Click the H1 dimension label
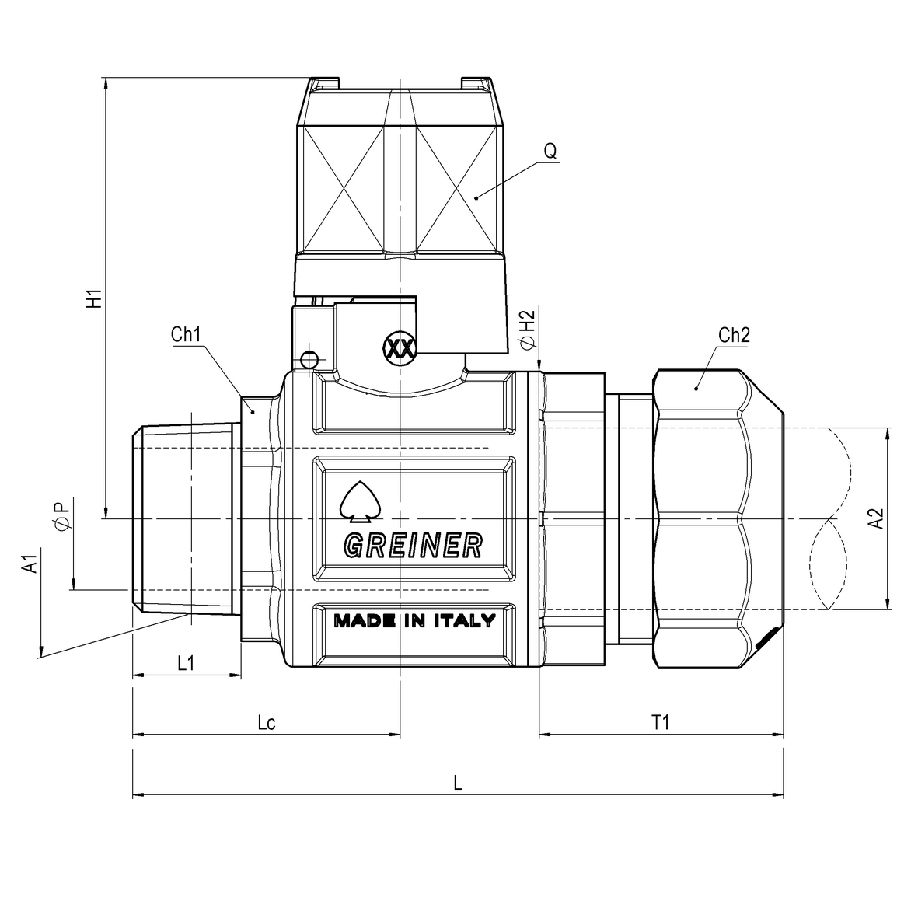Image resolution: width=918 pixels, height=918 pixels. (x=94, y=298)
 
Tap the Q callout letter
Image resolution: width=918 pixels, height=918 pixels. (x=550, y=151)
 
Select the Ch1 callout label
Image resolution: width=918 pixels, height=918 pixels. (x=186, y=334)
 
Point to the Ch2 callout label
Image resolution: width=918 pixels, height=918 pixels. (x=734, y=335)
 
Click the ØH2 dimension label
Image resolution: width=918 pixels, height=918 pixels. (x=528, y=330)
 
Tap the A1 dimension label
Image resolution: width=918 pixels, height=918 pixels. (x=30, y=564)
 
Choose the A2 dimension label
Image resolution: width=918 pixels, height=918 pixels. (x=876, y=518)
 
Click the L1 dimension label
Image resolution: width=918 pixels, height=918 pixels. (x=186, y=663)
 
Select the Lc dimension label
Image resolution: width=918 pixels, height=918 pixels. (x=267, y=722)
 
